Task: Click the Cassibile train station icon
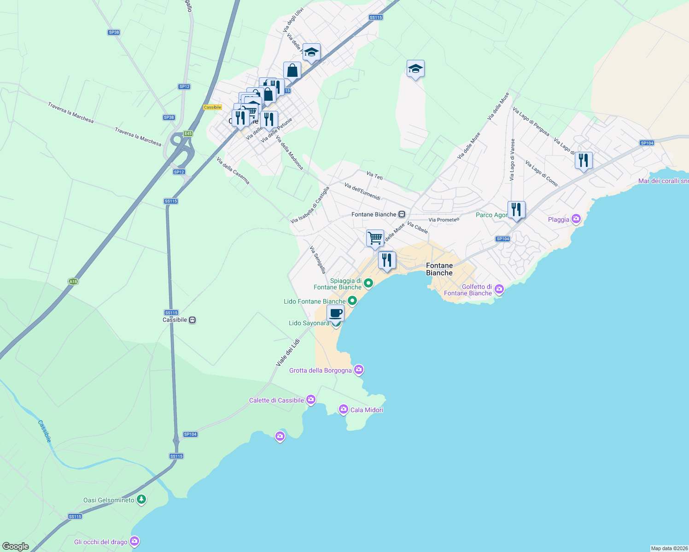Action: tap(193, 320)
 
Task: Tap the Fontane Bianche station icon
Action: tap(402, 214)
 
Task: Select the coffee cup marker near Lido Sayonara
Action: tap(336, 313)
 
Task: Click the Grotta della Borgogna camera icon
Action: tap(359, 370)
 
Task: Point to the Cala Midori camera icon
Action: tap(343, 409)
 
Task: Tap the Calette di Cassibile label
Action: tap(276, 400)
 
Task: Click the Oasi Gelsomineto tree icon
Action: tap(141, 499)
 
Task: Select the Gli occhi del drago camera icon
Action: tap(134, 541)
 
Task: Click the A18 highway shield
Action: tap(73, 282)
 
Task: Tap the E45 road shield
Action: tap(188, 133)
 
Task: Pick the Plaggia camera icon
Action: tap(576, 218)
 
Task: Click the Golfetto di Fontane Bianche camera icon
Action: tap(499, 289)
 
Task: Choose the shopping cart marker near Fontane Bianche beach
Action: tap(375, 238)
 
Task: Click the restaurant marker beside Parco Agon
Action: tap(516, 210)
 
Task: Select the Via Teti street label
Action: tap(374, 176)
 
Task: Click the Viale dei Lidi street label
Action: tap(288, 353)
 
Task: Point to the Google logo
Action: tap(16, 546)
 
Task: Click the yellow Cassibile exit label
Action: tap(213, 107)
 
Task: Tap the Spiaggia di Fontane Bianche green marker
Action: tap(368, 283)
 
